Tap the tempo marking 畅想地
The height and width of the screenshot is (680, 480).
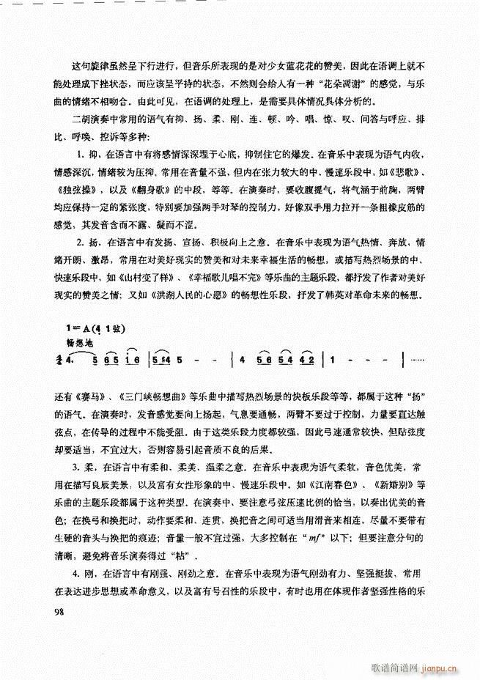point(80,341)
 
